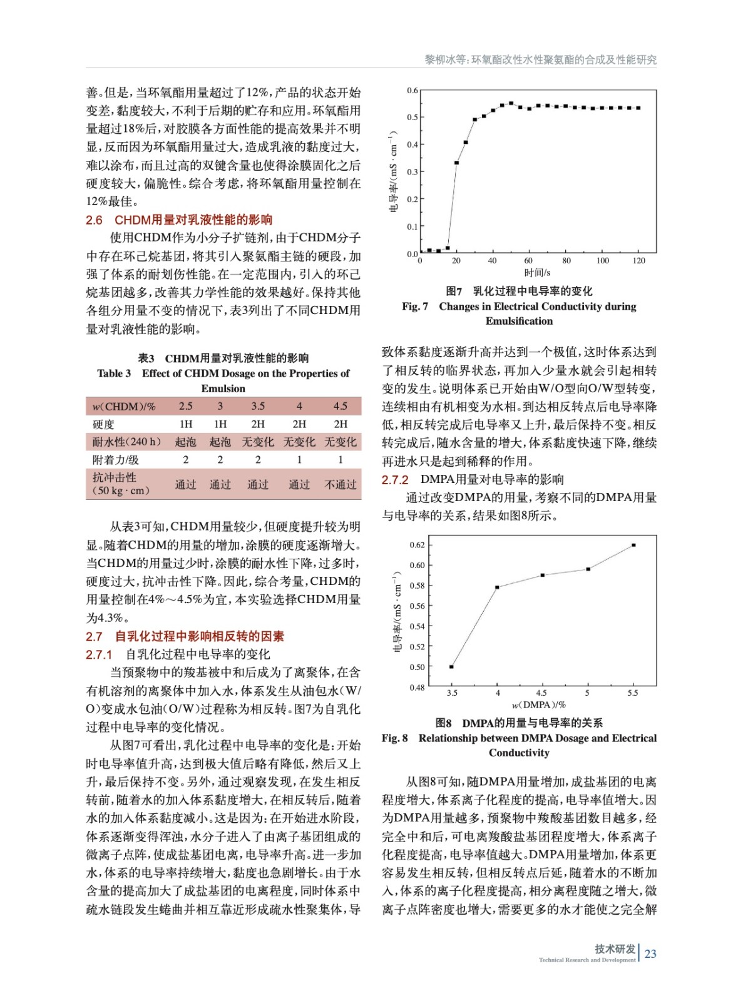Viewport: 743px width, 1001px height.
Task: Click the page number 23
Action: click(650, 953)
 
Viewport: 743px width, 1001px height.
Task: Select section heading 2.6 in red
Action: click(179, 220)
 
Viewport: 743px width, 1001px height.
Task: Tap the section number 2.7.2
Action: click(395, 480)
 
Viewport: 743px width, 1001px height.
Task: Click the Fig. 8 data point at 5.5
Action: click(633, 545)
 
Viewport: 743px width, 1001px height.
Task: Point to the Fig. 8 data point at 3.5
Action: click(451, 667)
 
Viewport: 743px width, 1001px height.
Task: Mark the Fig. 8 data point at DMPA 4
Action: click(497, 587)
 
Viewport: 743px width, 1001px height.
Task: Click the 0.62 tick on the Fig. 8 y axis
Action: click(417, 545)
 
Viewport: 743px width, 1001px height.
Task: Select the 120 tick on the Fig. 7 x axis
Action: click(638, 261)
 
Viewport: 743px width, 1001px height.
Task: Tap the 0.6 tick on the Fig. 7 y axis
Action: click(412, 91)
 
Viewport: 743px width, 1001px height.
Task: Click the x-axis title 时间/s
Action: click(537, 273)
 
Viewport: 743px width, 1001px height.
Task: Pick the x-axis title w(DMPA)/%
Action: click(539, 705)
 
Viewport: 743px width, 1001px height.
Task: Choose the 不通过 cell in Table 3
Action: click(341, 485)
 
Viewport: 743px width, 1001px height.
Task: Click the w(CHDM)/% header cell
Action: click(124, 407)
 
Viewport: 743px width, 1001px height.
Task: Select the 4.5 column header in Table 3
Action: click(340, 406)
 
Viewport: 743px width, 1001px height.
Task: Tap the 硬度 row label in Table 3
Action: click(104, 424)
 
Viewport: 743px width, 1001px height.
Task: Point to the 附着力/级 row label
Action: click(116, 460)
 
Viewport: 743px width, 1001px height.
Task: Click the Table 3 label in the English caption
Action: click(114, 373)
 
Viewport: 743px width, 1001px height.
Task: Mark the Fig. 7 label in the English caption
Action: click(415, 307)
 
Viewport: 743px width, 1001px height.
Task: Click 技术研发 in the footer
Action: click(615, 949)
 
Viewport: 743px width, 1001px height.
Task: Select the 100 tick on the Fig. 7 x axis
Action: click(602, 261)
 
